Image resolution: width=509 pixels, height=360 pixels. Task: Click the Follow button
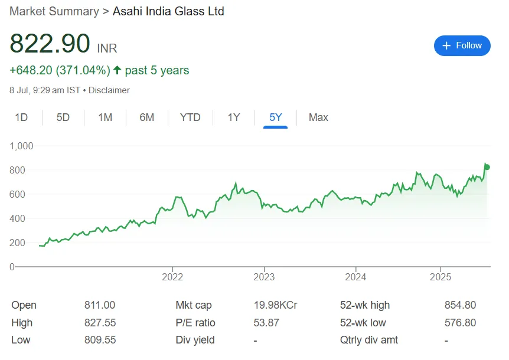462,45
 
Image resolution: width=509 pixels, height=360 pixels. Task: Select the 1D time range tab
21,117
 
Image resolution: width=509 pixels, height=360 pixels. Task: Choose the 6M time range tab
146,117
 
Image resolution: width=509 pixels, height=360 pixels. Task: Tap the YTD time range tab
190,117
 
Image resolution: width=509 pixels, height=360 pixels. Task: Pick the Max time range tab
318,117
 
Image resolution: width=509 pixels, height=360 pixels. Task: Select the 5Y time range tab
276,117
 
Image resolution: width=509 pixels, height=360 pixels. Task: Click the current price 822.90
50,44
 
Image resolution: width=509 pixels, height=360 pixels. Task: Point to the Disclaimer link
110,90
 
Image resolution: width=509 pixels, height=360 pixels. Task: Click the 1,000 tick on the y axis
21,146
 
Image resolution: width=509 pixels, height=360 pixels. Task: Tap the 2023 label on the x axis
264,277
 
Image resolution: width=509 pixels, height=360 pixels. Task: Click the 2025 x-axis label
441,277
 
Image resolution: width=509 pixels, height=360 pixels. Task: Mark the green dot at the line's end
487,167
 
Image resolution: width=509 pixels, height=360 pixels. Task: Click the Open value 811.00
100,305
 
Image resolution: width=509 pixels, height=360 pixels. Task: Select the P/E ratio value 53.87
266,323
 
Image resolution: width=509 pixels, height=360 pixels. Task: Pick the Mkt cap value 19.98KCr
275,305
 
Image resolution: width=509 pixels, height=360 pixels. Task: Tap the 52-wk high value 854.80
460,305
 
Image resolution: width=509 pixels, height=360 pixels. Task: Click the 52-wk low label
364,323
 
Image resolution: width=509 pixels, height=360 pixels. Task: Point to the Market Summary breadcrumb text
54,11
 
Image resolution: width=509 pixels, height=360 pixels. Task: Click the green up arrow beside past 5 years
118,70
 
